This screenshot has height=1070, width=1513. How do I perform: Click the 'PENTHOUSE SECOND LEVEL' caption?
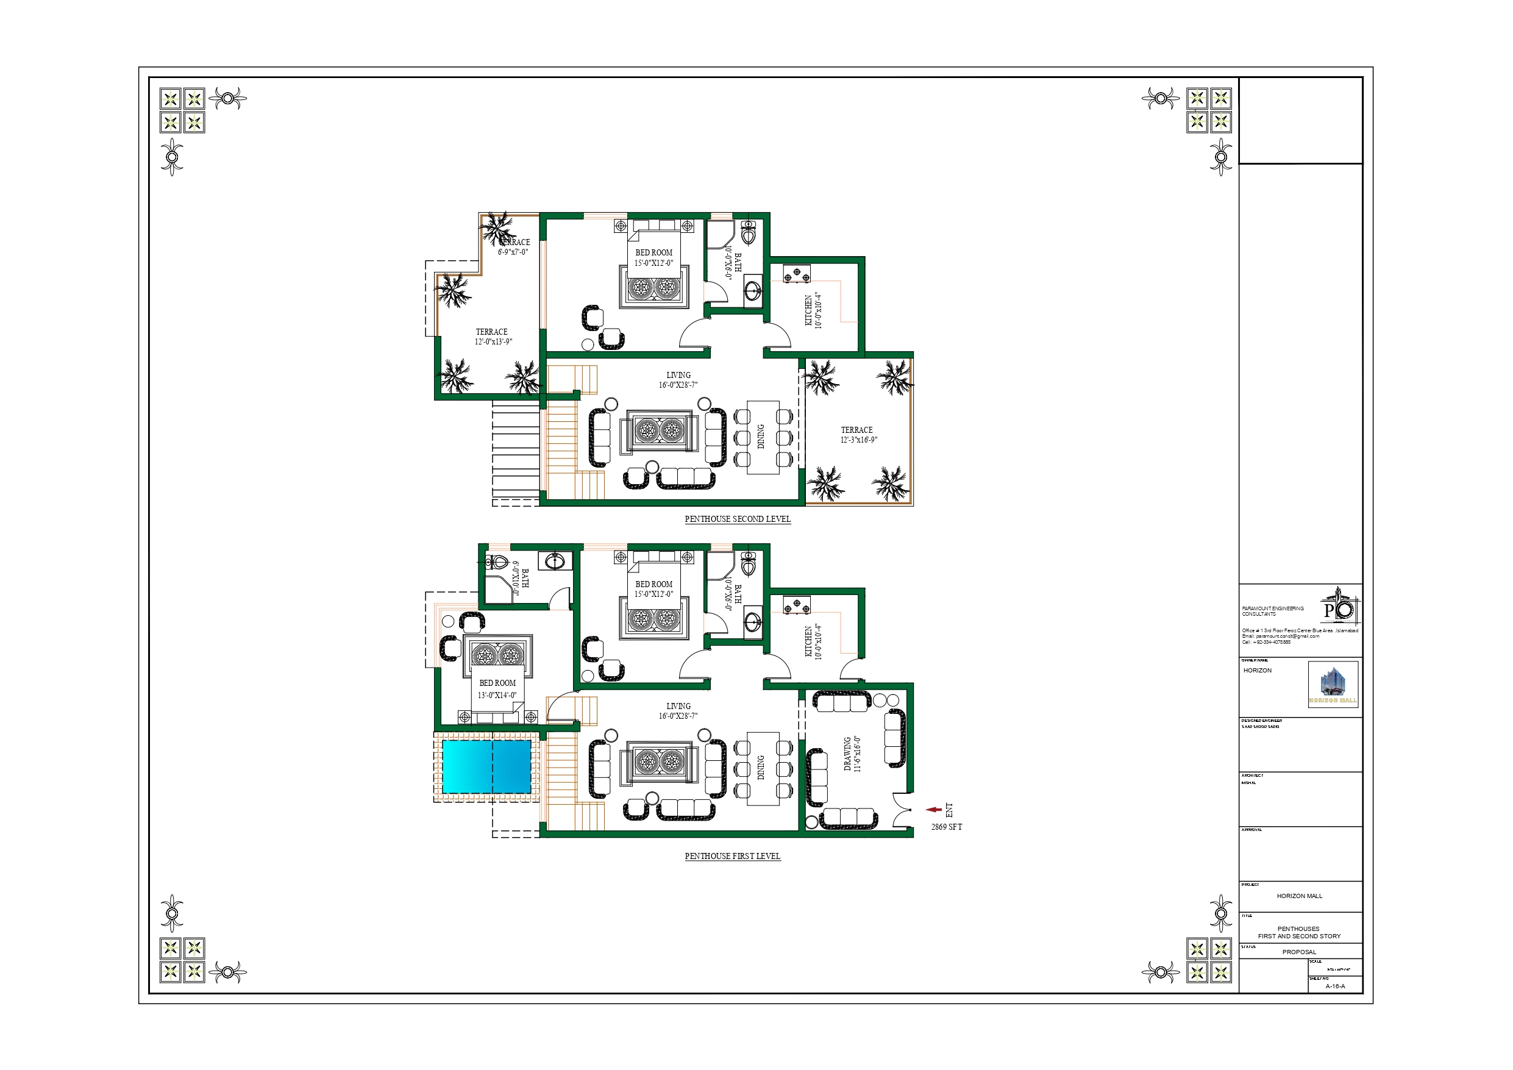(x=737, y=519)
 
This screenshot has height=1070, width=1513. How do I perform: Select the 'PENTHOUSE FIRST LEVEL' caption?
(x=732, y=856)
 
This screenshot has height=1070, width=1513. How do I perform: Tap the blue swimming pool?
(x=486, y=766)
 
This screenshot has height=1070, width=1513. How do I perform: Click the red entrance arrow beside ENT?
(x=934, y=810)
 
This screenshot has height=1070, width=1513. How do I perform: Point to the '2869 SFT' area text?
(x=946, y=827)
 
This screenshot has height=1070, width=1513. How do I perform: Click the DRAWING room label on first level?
(x=852, y=754)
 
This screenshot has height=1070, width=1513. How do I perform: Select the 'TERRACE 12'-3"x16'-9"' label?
(x=858, y=435)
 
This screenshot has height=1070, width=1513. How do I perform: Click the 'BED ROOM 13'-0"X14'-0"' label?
(x=497, y=689)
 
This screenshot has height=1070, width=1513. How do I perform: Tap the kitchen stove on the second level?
(x=796, y=274)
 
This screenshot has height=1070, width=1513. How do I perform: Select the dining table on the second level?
(x=763, y=437)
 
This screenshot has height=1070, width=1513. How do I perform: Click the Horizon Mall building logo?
(x=1333, y=684)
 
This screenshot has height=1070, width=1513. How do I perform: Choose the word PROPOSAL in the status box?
(x=1299, y=952)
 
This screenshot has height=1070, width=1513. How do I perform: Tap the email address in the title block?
(x=1280, y=636)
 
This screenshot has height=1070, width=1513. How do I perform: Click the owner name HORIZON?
(x=1258, y=671)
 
